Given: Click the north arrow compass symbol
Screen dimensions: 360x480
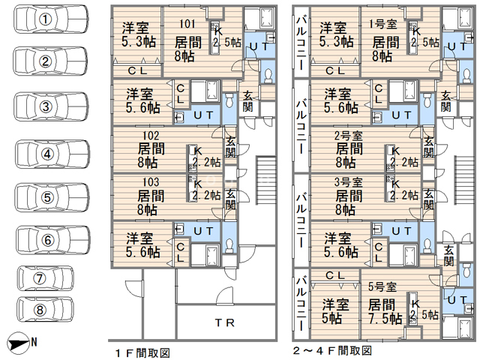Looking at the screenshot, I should [x=22, y=343].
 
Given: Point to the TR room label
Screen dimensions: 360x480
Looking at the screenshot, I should [x=225, y=323].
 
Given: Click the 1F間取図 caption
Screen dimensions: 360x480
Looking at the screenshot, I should [x=142, y=350].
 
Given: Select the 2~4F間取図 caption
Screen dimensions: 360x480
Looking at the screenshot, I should [x=331, y=350].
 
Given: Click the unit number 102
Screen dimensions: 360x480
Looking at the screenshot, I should [x=147, y=136].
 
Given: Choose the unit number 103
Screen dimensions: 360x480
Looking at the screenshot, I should [x=147, y=182].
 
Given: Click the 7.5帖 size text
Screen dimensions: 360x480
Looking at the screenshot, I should [x=385, y=319].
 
